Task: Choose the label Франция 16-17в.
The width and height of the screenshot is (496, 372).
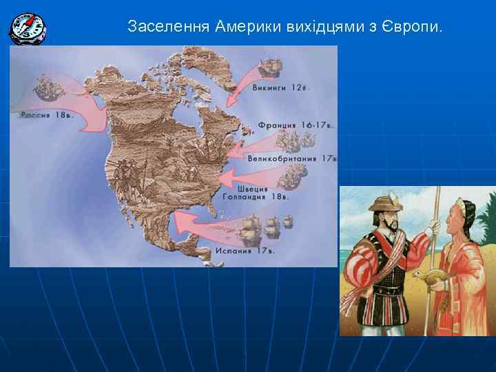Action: coord(296,125)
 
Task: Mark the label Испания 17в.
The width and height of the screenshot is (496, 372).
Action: coord(245,251)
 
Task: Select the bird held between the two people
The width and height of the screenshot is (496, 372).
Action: coord(426,277)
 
